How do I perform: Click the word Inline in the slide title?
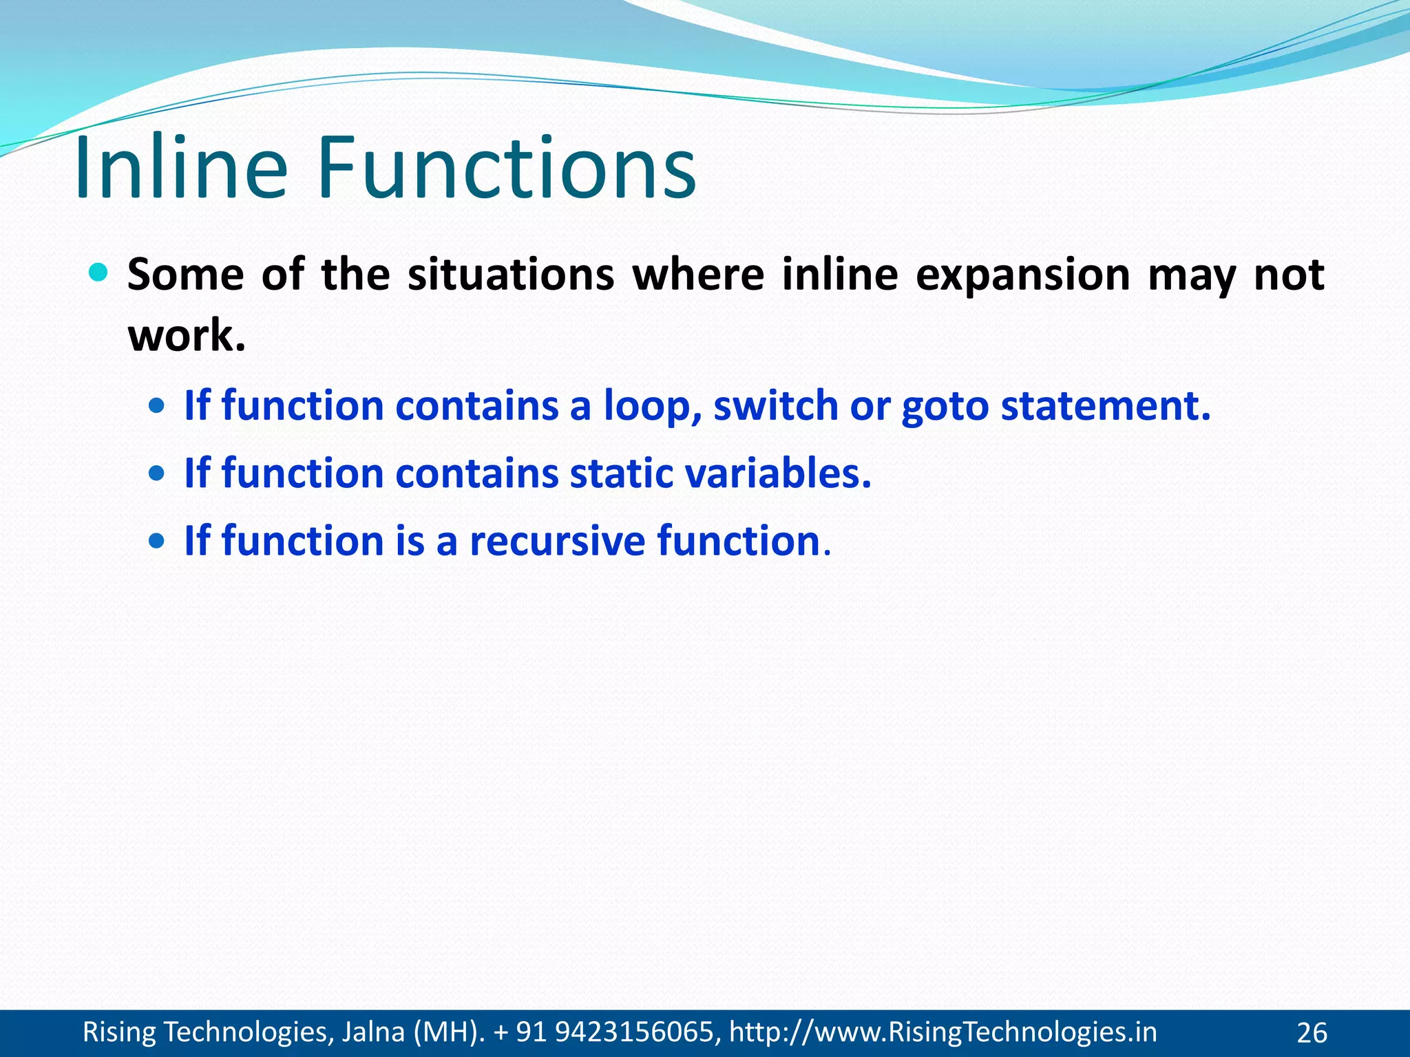[x=180, y=168]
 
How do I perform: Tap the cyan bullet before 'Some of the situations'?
[x=99, y=273]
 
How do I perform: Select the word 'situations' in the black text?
[x=510, y=275]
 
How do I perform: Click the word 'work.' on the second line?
[x=187, y=336]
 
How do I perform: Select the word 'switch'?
[x=775, y=405]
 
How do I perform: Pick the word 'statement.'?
[x=1105, y=405]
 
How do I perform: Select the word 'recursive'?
[x=557, y=541]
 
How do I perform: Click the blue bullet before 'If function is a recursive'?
[x=157, y=541]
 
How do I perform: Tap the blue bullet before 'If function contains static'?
[x=157, y=473]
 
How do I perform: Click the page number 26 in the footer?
[x=1312, y=1033]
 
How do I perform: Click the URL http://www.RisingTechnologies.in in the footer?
[x=943, y=1032]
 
